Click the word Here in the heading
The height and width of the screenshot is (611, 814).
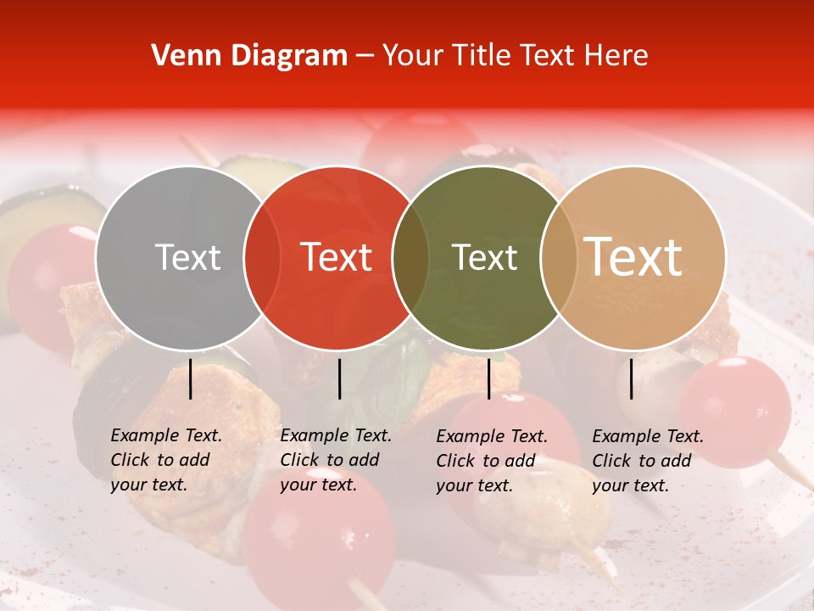click(619, 56)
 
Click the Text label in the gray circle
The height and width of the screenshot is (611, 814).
click(187, 257)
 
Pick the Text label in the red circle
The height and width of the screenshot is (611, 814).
click(337, 257)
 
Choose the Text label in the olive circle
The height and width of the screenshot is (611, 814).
click(485, 257)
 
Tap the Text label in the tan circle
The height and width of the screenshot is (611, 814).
click(633, 257)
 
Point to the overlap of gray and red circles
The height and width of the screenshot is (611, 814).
click(262, 257)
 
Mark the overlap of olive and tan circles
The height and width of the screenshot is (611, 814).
click(555, 257)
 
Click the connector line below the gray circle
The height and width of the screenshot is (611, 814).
click(190, 378)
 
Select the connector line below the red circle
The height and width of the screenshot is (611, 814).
click(339, 378)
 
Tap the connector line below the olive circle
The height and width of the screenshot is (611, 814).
click(488, 378)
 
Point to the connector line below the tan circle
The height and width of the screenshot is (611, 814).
click(631, 378)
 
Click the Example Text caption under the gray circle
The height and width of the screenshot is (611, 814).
click(166, 460)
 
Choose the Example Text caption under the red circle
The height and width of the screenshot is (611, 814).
click(336, 460)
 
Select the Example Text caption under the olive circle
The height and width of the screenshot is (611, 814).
click(492, 461)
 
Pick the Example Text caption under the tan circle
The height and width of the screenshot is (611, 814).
click(648, 461)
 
